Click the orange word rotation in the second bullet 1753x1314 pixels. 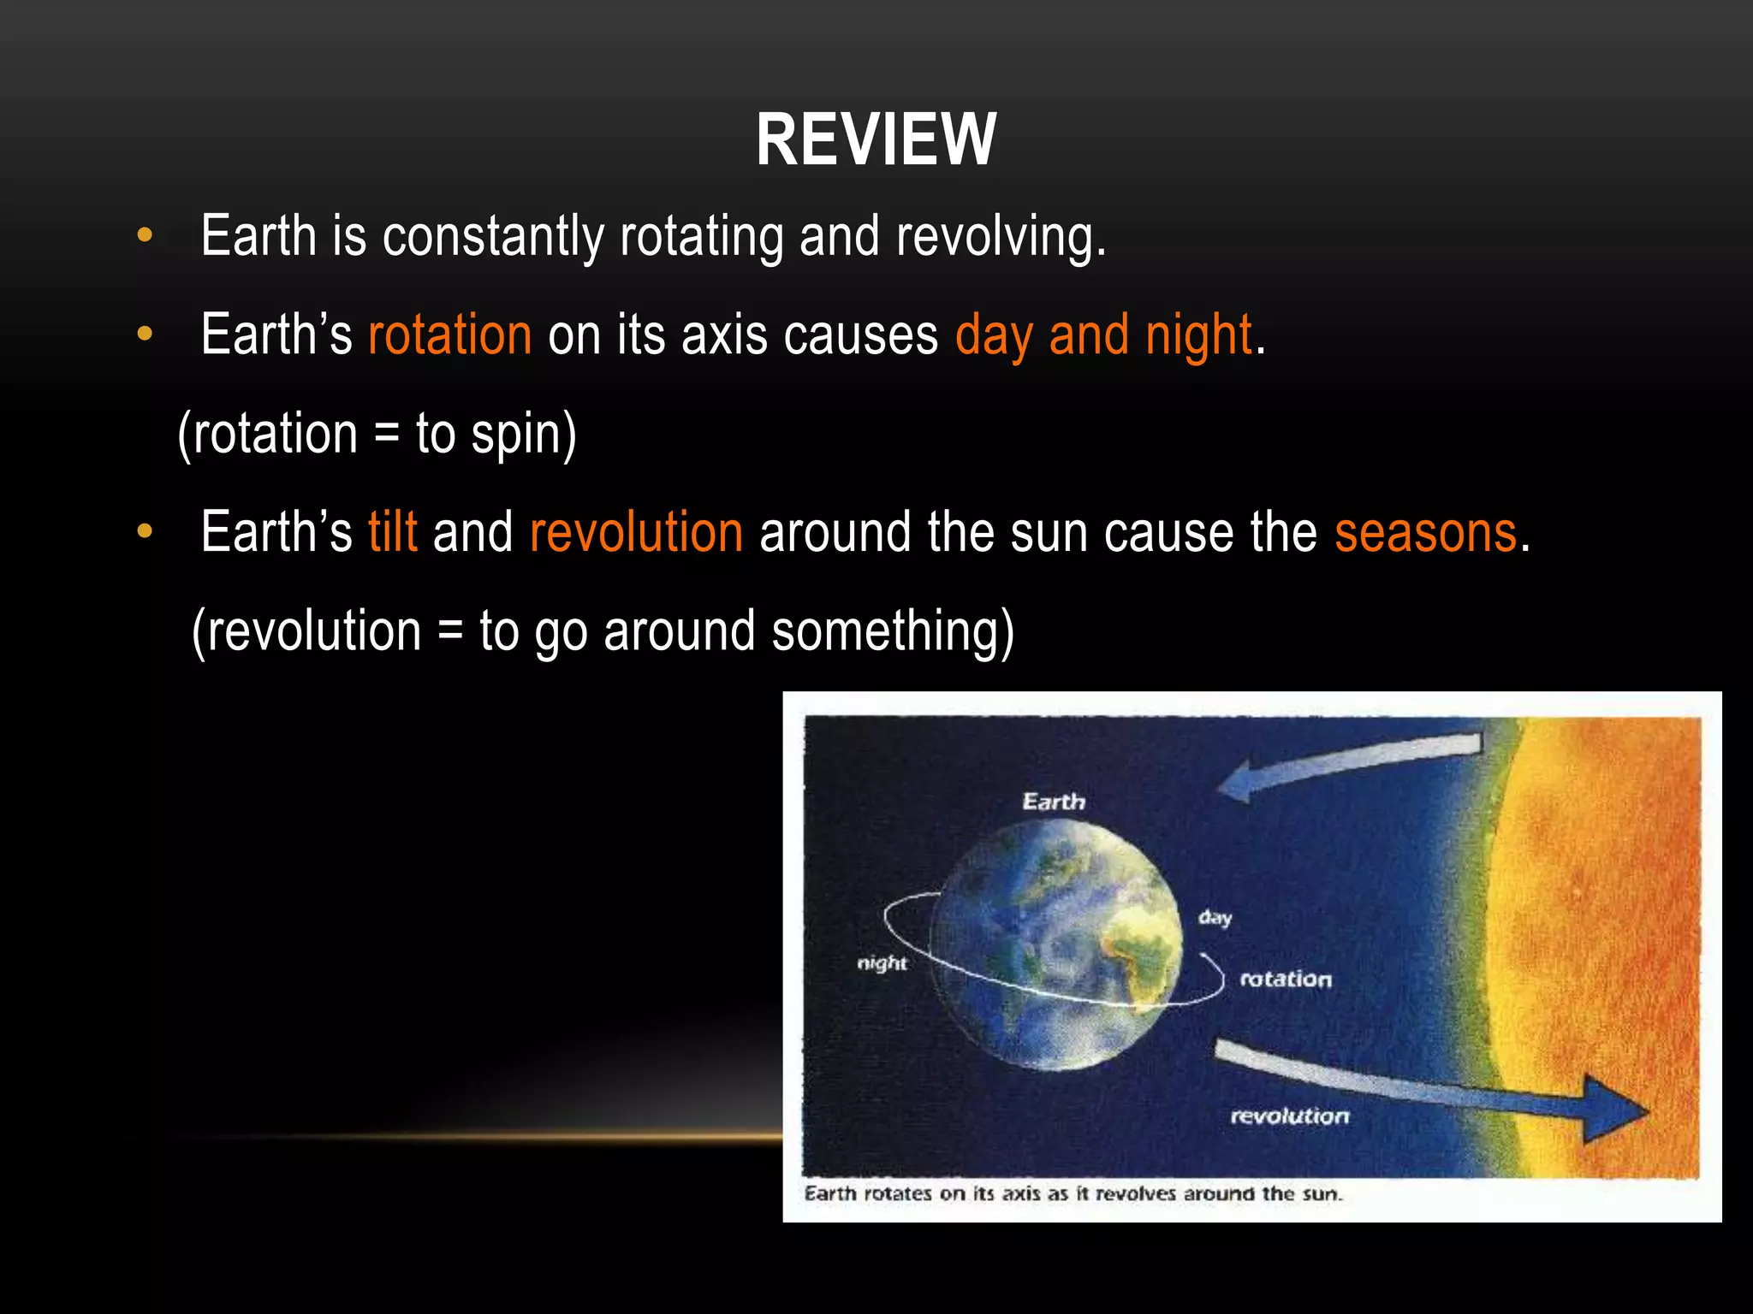click(450, 334)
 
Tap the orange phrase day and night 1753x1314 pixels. click(1103, 334)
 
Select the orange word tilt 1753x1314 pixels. click(393, 532)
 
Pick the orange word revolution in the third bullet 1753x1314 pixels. click(636, 532)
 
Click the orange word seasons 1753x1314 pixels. click(1425, 532)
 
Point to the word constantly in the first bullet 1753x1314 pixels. click(493, 236)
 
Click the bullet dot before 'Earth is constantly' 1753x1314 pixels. click(145, 235)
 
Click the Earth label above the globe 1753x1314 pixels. click(1054, 802)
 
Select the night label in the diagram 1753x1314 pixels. click(882, 963)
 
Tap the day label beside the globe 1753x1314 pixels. click(1215, 918)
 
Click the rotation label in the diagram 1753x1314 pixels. click(1286, 980)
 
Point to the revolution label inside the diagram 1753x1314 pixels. click(1289, 1116)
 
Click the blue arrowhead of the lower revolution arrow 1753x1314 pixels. click(1613, 1110)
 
